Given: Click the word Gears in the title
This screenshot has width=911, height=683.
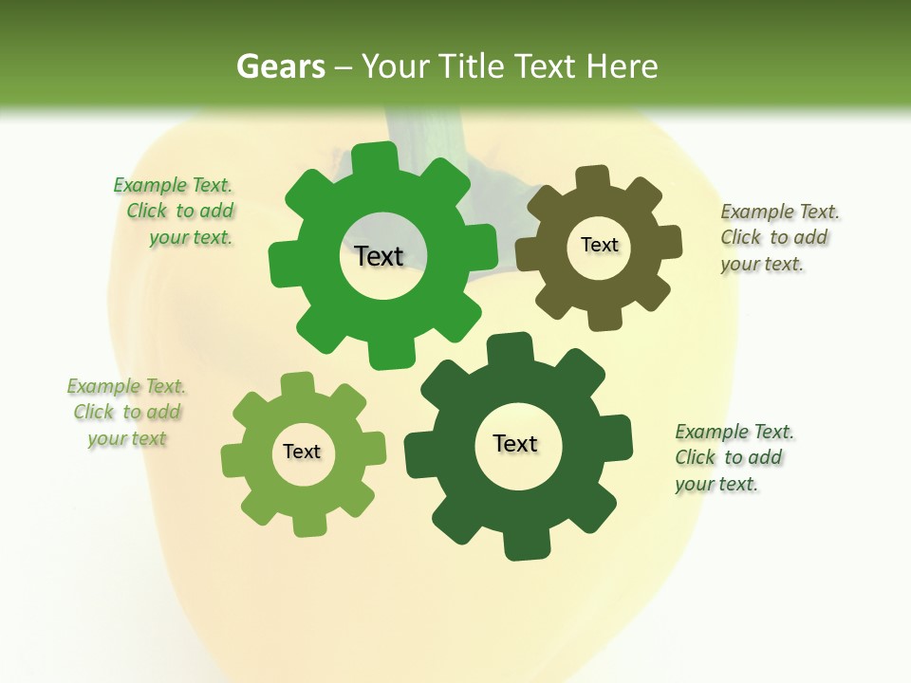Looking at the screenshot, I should coord(280,66).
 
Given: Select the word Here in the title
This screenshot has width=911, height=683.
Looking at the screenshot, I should coord(623,66).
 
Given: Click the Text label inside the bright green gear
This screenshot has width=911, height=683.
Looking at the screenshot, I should coord(379,256).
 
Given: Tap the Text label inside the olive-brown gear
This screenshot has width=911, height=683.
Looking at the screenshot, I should coord(599,245).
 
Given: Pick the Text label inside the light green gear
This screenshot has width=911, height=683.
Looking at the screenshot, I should coord(302,452).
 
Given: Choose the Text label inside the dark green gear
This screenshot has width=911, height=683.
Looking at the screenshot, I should coord(515,443).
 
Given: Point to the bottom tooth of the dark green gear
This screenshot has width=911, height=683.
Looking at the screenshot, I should coord(524,545).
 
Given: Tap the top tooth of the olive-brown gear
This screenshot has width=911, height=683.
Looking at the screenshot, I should coord(593,177).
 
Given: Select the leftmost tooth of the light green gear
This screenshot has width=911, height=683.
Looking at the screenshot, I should coord(233,461).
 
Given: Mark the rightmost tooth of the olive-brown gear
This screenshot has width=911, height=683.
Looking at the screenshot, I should coord(668,242).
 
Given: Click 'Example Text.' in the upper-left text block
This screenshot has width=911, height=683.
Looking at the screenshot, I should coord(173,185).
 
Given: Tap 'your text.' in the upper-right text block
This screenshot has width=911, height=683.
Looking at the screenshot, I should coord(762,264).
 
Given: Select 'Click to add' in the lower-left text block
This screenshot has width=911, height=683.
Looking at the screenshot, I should coord(127,412).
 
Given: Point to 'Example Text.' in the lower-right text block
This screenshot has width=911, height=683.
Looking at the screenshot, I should coord(734,432).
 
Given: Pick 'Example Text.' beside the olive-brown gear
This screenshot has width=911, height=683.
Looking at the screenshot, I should coord(780,212).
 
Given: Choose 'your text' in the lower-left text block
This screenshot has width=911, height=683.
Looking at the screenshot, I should coord(127,438).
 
